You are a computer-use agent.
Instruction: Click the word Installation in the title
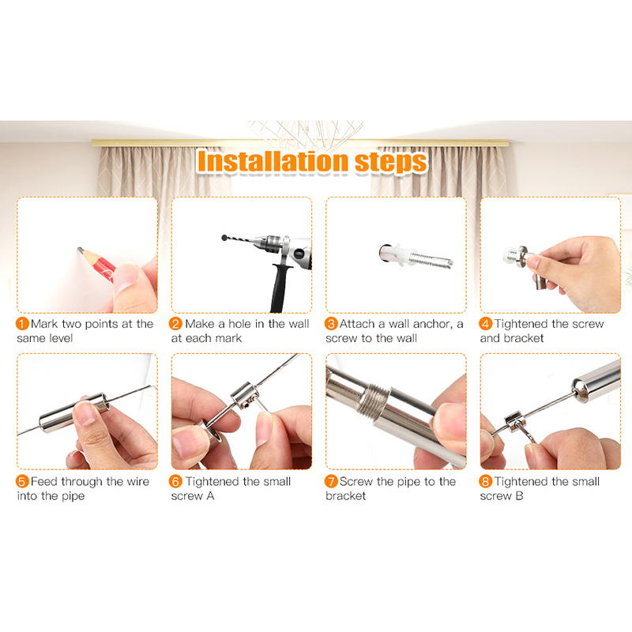[x=273, y=162]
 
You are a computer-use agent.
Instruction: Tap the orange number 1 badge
[x=22, y=324]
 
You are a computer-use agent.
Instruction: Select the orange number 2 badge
[x=175, y=324]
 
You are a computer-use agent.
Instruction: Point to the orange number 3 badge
[x=331, y=324]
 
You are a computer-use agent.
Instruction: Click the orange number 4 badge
[x=486, y=324]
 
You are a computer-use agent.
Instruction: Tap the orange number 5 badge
[x=22, y=481]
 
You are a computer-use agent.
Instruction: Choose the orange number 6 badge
[x=175, y=481]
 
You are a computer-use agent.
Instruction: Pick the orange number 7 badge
[x=331, y=481]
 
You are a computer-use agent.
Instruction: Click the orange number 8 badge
[x=486, y=481]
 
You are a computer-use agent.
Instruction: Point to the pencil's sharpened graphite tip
[x=78, y=249]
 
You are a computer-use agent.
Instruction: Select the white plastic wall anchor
[x=393, y=254]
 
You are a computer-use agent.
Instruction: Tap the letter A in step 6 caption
[x=210, y=496]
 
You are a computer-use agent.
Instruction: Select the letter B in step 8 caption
[x=519, y=496]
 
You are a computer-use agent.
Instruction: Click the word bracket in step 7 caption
[x=346, y=496]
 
